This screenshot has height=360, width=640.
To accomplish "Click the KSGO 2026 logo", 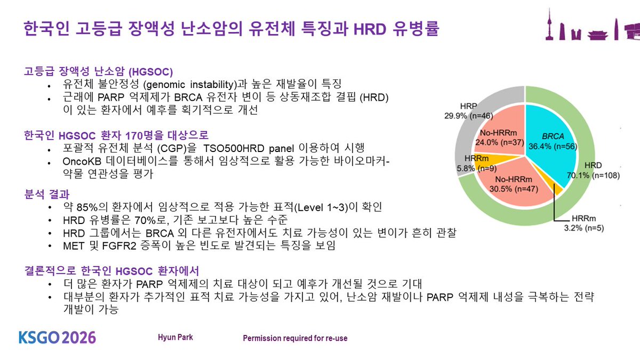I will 58,338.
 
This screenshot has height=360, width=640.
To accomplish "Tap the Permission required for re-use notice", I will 295,338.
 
